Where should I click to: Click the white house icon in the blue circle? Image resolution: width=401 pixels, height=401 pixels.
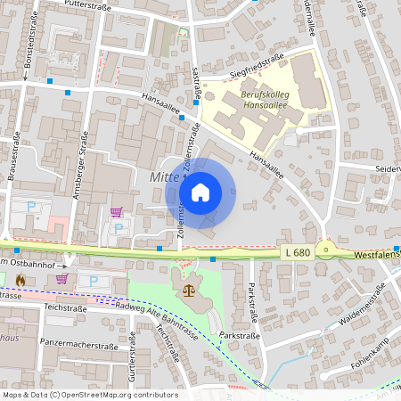(x=200, y=192)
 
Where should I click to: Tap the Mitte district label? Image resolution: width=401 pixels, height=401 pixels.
(x=164, y=178)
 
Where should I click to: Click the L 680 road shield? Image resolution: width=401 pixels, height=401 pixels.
(x=299, y=253)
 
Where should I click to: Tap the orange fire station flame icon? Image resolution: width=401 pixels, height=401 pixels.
(x=20, y=279)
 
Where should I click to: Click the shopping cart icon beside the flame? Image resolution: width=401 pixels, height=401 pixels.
(x=62, y=278)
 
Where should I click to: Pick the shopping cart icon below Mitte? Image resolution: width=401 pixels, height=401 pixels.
(x=116, y=212)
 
